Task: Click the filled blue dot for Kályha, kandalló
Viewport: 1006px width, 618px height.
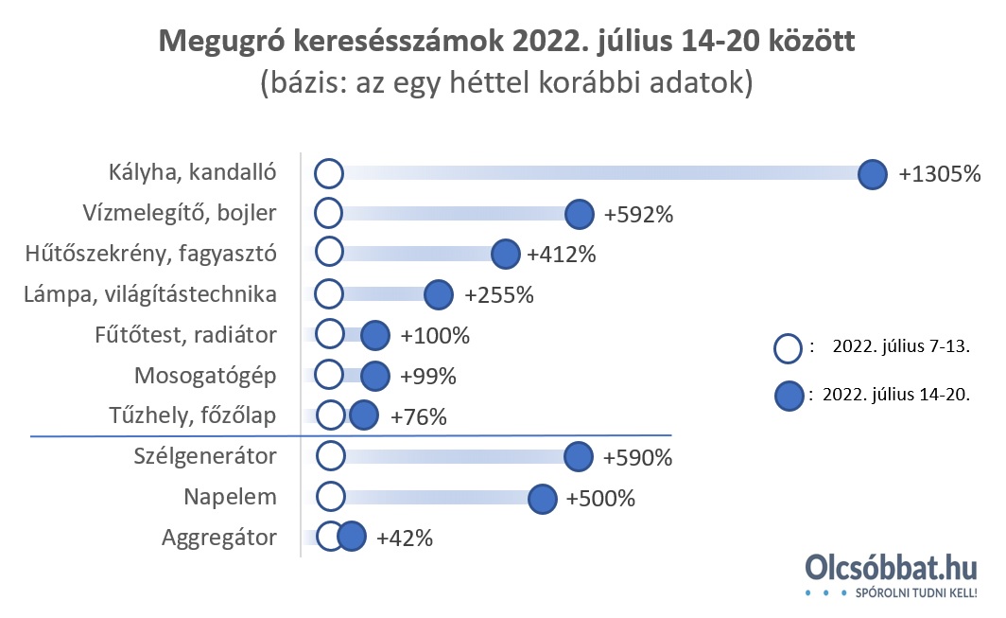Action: [x=872, y=174]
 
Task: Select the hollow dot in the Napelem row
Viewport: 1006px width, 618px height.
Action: [x=329, y=497]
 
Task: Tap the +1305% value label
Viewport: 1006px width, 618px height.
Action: [x=940, y=174]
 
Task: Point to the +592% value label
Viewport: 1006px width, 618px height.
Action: [x=638, y=215]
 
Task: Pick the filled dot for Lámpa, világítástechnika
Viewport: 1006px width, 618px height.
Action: [x=438, y=294]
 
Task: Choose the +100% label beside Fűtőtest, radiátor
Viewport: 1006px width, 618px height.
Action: [x=435, y=335]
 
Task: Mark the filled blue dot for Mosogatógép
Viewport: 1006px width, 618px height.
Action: [x=375, y=376]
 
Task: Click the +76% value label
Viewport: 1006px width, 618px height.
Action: [x=418, y=416]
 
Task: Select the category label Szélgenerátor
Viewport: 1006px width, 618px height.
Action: [x=205, y=456]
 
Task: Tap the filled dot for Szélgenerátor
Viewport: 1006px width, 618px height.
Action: [x=579, y=457]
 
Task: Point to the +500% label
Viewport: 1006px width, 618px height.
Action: [x=599, y=498]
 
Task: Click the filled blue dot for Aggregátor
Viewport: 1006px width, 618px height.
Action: [x=352, y=538]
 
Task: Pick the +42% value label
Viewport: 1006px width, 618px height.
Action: [x=405, y=539]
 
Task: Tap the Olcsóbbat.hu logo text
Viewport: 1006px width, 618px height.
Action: [x=890, y=568]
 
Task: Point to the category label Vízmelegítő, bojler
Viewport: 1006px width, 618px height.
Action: [x=192, y=213]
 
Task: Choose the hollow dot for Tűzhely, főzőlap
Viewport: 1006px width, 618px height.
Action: [x=330, y=415]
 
